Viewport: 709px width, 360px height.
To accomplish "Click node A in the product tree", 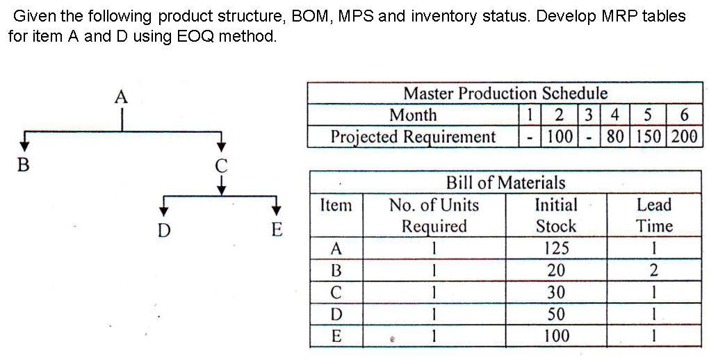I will tap(121, 97).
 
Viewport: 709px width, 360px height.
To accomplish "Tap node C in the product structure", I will tap(221, 167).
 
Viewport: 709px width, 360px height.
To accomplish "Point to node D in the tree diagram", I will tap(163, 229).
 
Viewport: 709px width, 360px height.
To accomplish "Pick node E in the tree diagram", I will tap(277, 229).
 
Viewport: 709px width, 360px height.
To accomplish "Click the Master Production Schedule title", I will tap(505, 93).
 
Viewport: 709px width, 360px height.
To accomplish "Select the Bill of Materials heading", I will tap(505, 183).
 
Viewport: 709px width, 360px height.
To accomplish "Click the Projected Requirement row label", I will tap(413, 136).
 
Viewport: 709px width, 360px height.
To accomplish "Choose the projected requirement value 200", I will tap(684, 136).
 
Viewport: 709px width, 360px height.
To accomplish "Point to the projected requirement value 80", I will tap(614, 136).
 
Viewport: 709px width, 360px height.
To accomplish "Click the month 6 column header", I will tap(684, 115).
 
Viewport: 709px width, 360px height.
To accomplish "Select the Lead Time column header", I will tap(654, 215).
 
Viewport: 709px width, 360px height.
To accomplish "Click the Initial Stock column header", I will tap(555, 215).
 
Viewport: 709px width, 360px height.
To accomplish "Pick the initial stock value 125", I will tap(556, 248).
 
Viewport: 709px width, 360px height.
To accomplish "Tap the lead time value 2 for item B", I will tap(654, 270).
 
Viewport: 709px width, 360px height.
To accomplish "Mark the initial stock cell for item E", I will tap(556, 336).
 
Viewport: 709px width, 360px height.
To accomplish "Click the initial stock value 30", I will tap(556, 293).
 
